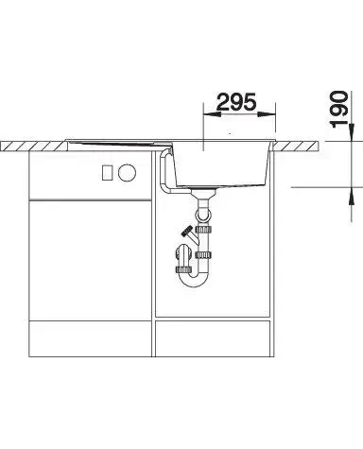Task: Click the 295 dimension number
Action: coord(236,102)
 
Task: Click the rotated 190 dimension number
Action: coord(338,109)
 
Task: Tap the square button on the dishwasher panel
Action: coord(108,173)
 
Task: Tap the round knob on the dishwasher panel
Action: coord(128,173)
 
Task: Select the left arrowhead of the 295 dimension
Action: coord(212,113)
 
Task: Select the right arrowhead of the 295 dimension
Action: coord(268,113)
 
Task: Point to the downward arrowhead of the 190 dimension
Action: coord(352,132)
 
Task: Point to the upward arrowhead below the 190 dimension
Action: coord(352,196)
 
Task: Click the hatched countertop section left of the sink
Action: coord(34,146)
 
